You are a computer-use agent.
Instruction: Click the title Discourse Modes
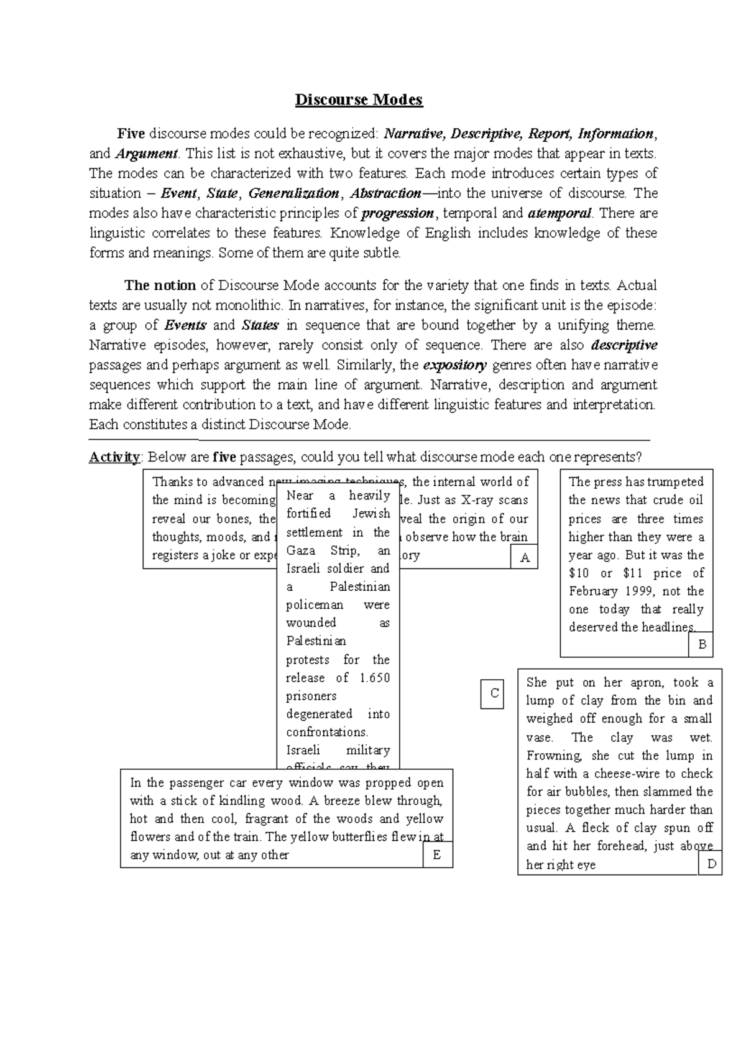click(359, 100)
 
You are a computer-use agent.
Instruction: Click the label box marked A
click(524, 557)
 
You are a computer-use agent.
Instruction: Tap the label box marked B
click(702, 644)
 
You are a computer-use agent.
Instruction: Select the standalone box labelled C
click(494, 693)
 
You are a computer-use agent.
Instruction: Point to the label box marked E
click(436, 855)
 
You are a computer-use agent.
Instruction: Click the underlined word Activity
click(115, 457)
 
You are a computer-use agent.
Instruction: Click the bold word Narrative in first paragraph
click(415, 134)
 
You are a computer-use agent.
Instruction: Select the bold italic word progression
click(398, 213)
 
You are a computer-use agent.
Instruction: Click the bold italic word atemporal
click(559, 213)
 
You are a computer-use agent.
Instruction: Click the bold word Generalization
click(293, 193)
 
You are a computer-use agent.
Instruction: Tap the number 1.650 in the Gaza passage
click(374, 678)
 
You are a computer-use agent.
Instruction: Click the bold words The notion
click(160, 285)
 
